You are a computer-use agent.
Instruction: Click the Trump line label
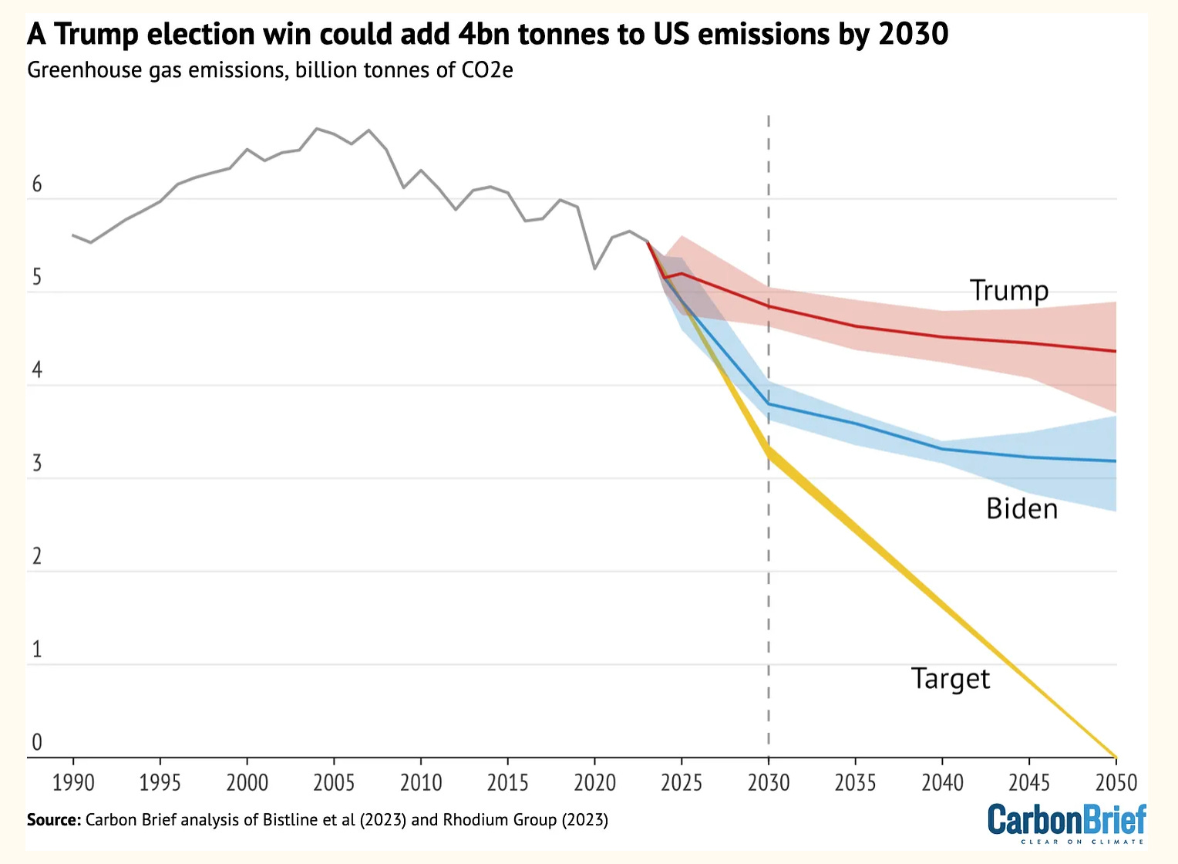click(x=1009, y=291)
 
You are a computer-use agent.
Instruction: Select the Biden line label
click(x=1021, y=509)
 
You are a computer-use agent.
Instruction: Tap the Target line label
click(x=950, y=679)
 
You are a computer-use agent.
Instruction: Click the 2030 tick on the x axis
click(x=769, y=783)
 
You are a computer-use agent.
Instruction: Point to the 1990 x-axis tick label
click(x=73, y=783)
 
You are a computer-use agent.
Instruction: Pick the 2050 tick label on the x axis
click(x=1116, y=783)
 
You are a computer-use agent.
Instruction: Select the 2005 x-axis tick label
click(x=334, y=783)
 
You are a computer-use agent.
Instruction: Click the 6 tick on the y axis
click(x=36, y=185)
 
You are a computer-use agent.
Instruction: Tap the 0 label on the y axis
click(x=36, y=743)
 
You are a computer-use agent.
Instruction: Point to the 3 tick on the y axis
click(x=36, y=464)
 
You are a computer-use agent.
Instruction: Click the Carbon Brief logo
click(x=1067, y=822)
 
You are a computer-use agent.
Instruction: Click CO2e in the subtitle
click(x=484, y=70)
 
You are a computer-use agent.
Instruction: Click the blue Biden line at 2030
click(x=769, y=404)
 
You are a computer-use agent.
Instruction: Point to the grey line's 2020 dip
click(x=594, y=268)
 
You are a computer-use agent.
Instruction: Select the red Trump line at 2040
click(x=942, y=337)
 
